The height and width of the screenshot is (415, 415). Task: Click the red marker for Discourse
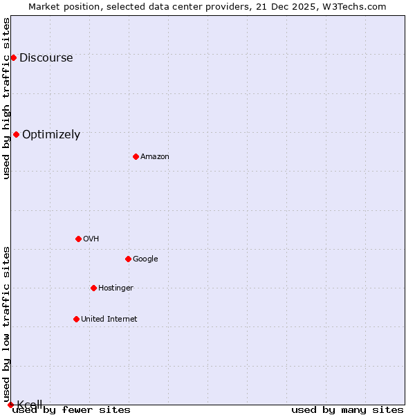[x=13, y=57]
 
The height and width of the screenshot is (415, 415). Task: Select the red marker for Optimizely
[x=16, y=134]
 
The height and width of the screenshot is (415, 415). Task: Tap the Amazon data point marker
[x=136, y=156]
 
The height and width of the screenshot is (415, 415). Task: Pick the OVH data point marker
[x=78, y=239]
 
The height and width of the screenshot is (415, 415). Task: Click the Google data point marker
[x=128, y=259]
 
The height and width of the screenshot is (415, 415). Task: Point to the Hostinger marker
[x=93, y=288]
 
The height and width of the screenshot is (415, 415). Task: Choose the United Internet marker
[x=76, y=319]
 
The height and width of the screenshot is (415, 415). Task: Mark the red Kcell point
[x=10, y=405]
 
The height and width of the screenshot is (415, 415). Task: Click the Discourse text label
[x=46, y=57]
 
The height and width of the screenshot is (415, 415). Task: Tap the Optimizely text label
[x=51, y=134]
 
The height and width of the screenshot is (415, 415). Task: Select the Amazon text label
[x=155, y=156]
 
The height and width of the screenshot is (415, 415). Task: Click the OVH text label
[x=91, y=239]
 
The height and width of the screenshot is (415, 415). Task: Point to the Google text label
[x=145, y=259]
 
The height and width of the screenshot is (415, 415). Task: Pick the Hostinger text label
[x=116, y=288]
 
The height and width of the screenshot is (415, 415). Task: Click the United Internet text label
[x=109, y=319]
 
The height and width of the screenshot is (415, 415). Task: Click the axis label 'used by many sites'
[x=347, y=409]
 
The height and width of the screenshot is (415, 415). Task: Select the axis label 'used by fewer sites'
[x=71, y=409]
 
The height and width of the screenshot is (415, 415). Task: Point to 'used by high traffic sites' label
[x=6, y=98]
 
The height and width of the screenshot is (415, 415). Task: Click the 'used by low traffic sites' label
[x=6, y=324]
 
